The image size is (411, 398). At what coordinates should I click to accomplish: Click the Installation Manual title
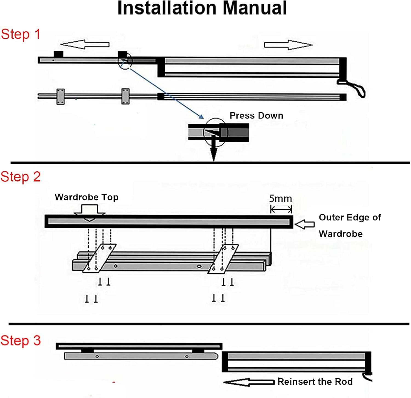pyautogui.click(x=202, y=8)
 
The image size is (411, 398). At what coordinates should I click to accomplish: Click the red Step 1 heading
pyautogui.click(x=21, y=34)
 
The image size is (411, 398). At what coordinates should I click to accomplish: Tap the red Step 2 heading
pyautogui.click(x=21, y=177)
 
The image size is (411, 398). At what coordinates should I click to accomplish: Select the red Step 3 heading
pyautogui.click(x=21, y=341)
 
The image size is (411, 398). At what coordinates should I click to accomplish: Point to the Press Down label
pyautogui.click(x=256, y=116)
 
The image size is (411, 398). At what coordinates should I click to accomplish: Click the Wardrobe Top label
pyautogui.click(x=87, y=197)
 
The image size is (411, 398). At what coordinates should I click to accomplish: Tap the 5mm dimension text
pyautogui.click(x=280, y=199)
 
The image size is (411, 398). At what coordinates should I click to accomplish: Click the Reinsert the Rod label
pyautogui.click(x=315, y=382)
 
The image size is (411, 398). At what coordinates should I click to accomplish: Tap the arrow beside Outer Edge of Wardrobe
pyautogui.click(x=305, y=225)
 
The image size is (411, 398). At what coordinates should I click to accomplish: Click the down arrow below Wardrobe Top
pyautogui.click(x=90, y=213)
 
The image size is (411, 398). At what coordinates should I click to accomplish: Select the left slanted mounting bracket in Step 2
pyautogui.click(x=99, y=258)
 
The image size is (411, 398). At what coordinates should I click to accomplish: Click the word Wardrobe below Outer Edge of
pyautogui.click(x=341, y=234)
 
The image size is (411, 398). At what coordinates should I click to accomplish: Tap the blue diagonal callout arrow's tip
pyautogui.click(x=203, y=118)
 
